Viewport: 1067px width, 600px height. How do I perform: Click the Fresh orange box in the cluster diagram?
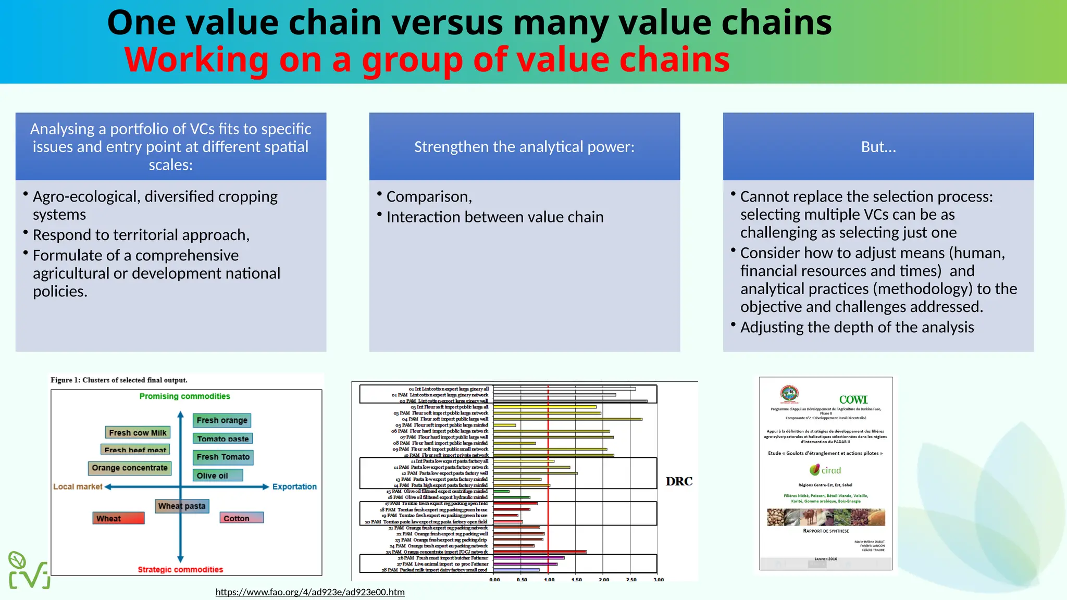[222, 420]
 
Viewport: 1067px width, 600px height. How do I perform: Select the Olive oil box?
[218, 476]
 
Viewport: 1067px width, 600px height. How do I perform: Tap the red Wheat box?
[119, 518]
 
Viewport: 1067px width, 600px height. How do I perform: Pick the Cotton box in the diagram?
[241, 518]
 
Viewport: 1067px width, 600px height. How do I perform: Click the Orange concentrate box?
[130, 468]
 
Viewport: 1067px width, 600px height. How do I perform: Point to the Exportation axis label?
[294, 486]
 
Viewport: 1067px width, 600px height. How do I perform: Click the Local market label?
[78, 486]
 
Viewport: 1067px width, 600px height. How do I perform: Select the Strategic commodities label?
[180, 569]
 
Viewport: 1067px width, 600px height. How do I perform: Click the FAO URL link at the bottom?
[310, 592]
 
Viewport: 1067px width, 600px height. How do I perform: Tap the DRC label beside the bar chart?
[679, 481]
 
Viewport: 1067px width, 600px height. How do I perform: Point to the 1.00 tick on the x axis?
[549, 580]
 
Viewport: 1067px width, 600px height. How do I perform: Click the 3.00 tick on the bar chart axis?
[659, 580]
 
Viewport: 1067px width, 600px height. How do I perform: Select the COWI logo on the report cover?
[853, 399]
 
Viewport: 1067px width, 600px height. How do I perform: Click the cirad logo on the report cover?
[826, 470]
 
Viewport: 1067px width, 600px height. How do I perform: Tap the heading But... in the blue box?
[878, 147]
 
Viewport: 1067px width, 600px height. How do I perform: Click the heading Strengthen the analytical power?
[524, 147]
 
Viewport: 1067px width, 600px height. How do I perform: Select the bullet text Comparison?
[429, 197]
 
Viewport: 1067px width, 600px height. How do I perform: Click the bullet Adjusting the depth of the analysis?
[857, 327]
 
